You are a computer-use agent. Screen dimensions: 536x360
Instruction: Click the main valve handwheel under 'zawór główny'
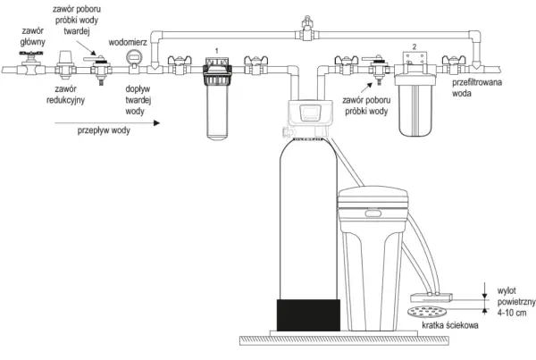31,54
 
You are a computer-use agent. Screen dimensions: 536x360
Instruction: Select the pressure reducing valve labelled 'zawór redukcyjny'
64,64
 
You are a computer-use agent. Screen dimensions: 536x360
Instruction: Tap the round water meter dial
134,56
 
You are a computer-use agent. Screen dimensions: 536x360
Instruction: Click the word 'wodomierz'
128,42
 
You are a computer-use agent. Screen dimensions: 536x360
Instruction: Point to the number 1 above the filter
217,51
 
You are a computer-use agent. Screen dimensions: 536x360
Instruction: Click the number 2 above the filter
415,46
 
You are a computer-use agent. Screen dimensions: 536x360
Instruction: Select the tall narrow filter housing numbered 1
217,99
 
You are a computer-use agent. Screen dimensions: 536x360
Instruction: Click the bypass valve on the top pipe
307,29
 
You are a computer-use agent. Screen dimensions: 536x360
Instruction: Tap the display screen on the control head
310,113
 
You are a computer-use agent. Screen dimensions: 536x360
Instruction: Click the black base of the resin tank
308,314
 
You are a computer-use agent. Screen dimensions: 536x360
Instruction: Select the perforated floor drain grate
427,312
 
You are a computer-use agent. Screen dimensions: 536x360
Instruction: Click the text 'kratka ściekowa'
450,325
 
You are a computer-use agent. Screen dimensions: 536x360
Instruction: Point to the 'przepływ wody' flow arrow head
156,122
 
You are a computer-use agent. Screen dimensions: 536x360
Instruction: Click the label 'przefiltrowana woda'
477,88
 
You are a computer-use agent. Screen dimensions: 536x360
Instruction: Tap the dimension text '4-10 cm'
512,313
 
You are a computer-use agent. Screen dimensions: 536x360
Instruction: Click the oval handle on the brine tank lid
373,213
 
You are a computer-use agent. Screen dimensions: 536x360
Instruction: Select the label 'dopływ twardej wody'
138,100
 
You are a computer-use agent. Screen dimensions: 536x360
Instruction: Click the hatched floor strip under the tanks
344,340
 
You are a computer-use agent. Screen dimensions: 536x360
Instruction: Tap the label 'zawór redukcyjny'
65,95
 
